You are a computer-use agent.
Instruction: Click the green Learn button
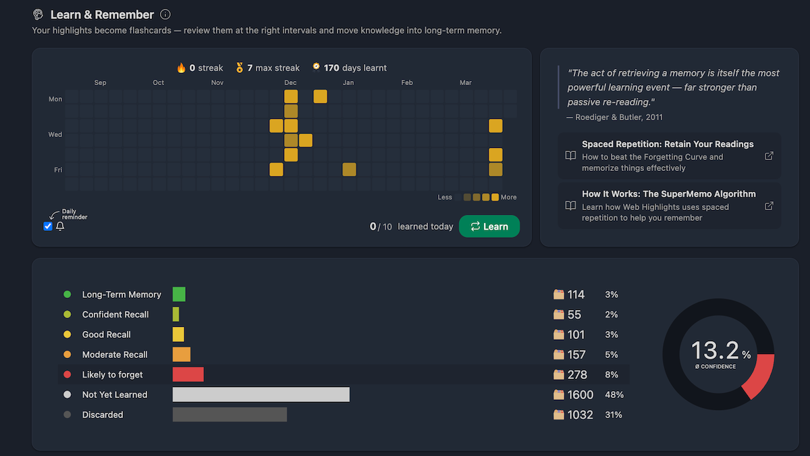[489, 226]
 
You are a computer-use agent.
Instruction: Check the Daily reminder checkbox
[48, 226]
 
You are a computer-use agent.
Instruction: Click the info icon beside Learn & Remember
[165, 14]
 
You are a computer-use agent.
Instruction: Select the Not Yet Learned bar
[261, 395]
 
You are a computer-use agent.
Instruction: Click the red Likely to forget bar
[188, 374]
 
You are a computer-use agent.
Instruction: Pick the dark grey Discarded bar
[230, 415]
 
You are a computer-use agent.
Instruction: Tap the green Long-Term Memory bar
[179, 295]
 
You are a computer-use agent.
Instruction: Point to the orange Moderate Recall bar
[182, 355]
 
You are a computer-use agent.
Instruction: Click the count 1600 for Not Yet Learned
[580, 395]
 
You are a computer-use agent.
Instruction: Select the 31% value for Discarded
[613, 415]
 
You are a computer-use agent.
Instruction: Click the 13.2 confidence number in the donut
[715, 350]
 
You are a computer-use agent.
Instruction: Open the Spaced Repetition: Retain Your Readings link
[668, 144]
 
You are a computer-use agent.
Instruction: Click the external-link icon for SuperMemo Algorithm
[769, 206]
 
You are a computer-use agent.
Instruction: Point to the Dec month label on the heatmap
[290, 83]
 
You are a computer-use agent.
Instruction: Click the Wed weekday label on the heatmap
[55, 134]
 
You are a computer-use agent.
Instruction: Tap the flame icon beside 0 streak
[181, 68]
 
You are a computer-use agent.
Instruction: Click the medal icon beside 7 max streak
[239, 68]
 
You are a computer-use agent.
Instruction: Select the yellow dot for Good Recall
[67, 334]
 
